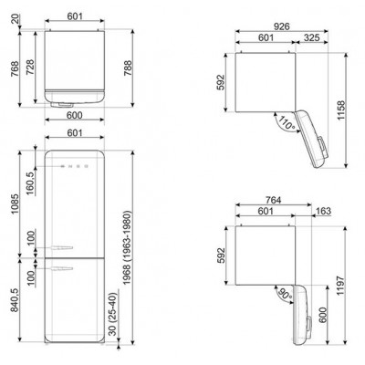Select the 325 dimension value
311,38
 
